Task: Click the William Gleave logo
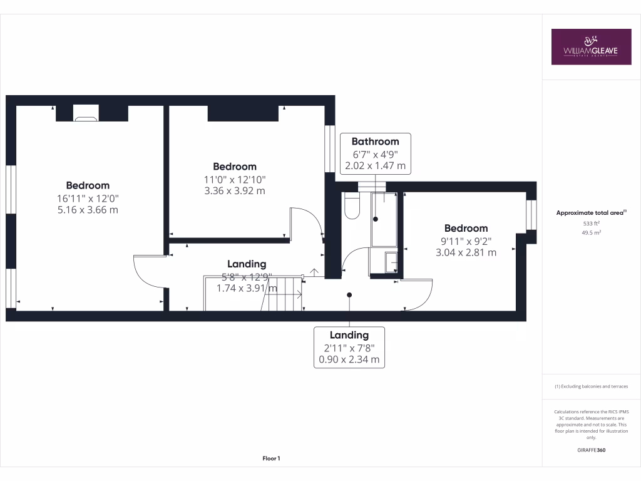[591, 46]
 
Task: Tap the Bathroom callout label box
[375, 153]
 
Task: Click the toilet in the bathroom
[352, 207]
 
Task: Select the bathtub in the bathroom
[385, 219]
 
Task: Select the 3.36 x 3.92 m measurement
[235, 190]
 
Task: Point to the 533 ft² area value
[591, 223]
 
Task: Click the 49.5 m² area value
[591, 232]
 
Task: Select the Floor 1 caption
[271, 458]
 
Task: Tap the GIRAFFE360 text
[591, 450]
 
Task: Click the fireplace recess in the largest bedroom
[86, 113]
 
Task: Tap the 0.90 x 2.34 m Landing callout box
[349, 348]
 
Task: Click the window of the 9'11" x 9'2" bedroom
[531, 215]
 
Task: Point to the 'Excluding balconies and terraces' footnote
[591, 386]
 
